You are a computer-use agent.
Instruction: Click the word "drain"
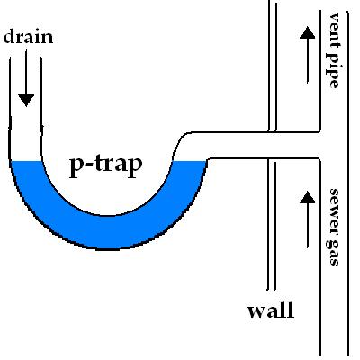coord(28,36)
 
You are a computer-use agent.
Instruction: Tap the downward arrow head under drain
coord(26,100)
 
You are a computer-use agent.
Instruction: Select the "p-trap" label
coord(105,166)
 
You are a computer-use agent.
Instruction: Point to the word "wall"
coord(271,310)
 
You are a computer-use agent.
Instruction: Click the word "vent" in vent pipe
coord(334,27)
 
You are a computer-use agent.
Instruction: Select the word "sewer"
coord(334,210)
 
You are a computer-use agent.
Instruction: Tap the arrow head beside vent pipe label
coord(307,32)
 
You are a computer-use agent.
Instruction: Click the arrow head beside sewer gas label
coord(307,197)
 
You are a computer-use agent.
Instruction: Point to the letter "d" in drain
coord(9,36)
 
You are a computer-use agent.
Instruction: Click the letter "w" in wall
coord(257,312)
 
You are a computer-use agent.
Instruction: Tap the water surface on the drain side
coord(26,161)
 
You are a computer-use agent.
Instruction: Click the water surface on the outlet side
coord(190,161)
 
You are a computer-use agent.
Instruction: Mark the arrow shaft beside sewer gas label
coord(308,226)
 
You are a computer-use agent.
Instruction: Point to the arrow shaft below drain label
coord(26,72)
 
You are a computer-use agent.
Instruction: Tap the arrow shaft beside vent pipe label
coord(308,60)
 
